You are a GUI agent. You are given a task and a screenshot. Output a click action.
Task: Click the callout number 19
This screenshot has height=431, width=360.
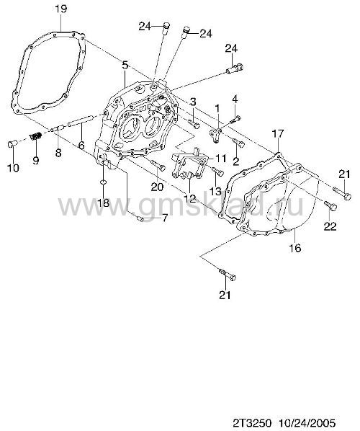pyautogui.click(x=60, y=9)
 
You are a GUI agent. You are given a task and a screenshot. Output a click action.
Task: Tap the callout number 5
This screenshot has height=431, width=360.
pyautogui.click(x=125, y=65)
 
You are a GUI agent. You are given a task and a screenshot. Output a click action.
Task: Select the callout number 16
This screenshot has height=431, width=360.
pyautogui.click(x=295, y=248)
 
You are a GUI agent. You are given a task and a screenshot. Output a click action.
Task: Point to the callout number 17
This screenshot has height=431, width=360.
pyautogui.click(x=278, y=134)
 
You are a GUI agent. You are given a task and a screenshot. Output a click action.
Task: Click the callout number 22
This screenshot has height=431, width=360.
pyautogui.click(x=330, y=226)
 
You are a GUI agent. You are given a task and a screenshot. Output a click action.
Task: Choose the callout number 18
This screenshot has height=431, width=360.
pyautogui.click(x=104, y=203)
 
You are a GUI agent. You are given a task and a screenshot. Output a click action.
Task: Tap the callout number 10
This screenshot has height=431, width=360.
pyautogui.click(x=13, y=168)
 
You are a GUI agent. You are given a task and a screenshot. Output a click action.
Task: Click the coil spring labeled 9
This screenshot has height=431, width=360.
pyautogui.click(x=36, y=135)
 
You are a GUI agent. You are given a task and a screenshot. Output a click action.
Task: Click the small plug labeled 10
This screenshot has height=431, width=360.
pyautogui.click(x=12, y=143)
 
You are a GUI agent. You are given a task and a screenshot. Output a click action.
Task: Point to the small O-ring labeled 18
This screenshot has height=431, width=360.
pyautogui.click(x=103, y=182)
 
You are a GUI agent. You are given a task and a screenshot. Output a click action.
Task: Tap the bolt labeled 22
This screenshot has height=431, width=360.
pyautogui.click(x=330, y=205)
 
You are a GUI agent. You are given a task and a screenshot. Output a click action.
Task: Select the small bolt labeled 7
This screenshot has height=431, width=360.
pyautogui.click(x=140, y=218)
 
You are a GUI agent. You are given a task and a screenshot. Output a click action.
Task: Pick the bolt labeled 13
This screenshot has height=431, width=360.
pyautogui.click(x=218, y=172)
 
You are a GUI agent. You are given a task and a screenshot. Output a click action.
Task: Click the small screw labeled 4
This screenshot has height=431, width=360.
pyautogui.click(x=236, y=119)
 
